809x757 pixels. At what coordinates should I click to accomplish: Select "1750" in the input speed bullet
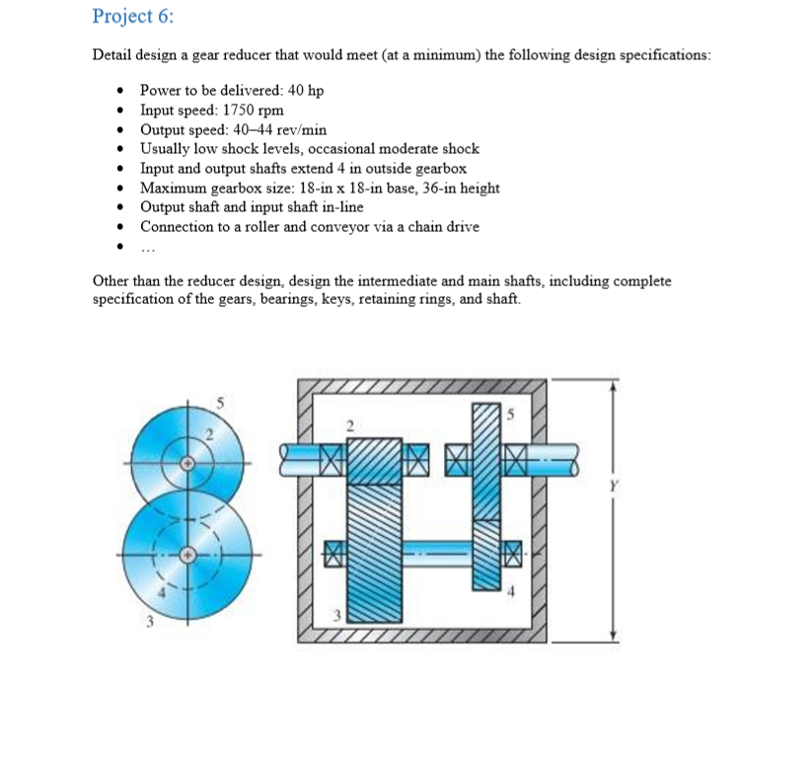click(238, 111)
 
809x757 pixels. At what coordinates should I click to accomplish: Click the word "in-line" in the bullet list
click(340, 207)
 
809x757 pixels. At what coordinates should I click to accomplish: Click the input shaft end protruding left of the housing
click(295, 454)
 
